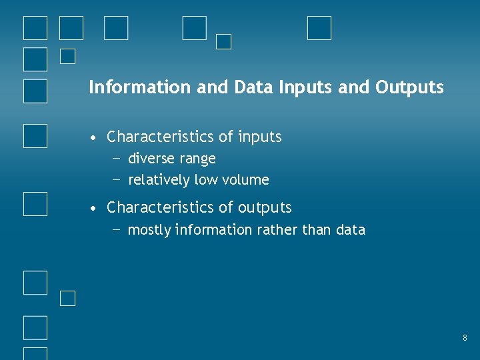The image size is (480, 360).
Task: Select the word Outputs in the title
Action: pos(409,87)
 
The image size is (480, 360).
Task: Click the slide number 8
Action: pos(465,339)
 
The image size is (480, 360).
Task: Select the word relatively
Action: pos(159,180)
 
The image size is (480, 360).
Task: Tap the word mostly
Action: pos(149,230)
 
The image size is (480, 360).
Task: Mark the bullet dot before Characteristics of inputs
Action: pos(95,138)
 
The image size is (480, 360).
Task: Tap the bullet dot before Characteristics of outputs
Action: pos(95,209)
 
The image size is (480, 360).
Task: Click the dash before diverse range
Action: pos(117,159)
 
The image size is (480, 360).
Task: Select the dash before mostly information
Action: pos(117,229)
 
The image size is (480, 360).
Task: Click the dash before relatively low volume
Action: pos(117,179)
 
